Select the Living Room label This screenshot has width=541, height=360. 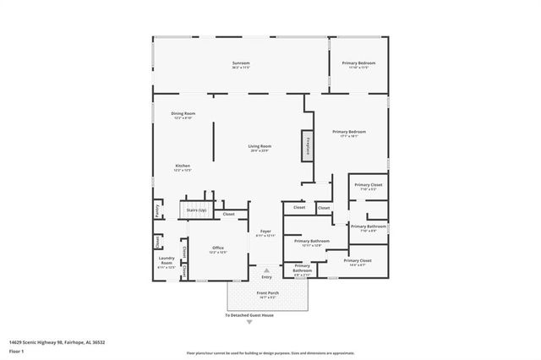pyautogui.click(x=259, y=146)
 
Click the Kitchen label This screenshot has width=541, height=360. pyautogui.click(x=183, y=166)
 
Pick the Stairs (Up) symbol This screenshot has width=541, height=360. pyautogui.click(x=196, y=210)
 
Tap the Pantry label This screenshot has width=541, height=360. pyautogui.click(x=157, y=210)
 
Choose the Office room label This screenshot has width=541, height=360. pyautogui.click(x=217, y=248)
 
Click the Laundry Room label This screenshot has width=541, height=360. pyautogui.click(x=167, y=261)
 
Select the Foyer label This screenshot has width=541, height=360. pyautogui.click(x=265, y=231)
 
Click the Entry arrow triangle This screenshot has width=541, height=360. pyautogui.click(x=267, y=270)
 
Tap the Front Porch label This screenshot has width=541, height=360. pyautogui.click(x=267, y=294)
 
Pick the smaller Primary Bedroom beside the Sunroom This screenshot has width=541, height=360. pyautogui.click(x=358, y=63)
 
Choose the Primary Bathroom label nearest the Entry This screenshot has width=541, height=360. pyautogui.click(x=302, y=270)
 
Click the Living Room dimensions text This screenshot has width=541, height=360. pyautogui.click(x=259, y=151)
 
